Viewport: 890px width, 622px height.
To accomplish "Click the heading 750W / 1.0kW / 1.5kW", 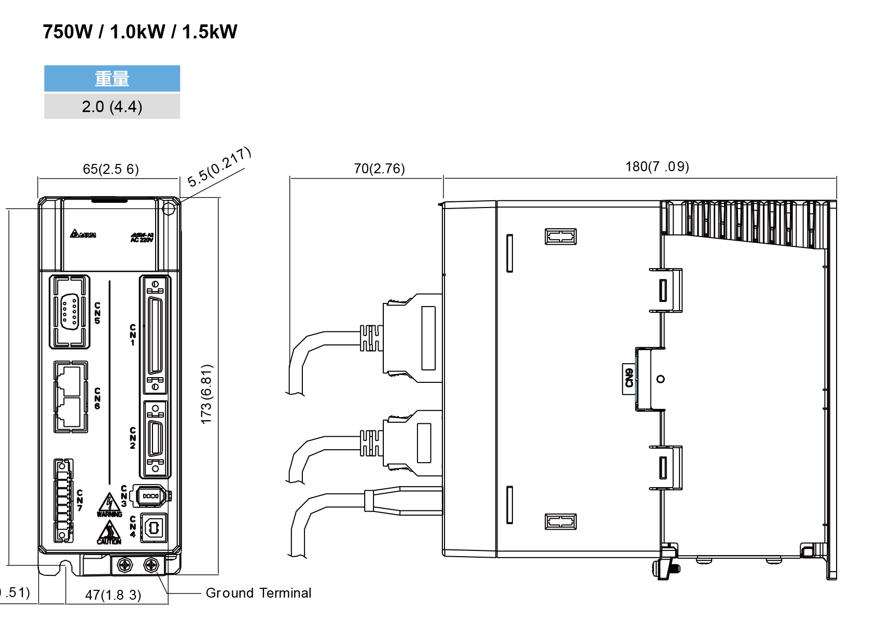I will [x=140, y=32].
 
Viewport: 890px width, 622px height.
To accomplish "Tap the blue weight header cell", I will [x=112, y=78].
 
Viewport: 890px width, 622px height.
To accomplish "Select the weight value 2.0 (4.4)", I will [x=112, y=106].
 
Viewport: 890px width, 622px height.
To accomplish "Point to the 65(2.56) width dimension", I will [x=110, y=169].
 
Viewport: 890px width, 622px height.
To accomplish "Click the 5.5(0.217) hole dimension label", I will [x=219, y=167].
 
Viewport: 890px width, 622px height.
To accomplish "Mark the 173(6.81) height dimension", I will [x=206, y=394].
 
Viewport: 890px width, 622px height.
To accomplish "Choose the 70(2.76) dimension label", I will [x=379, y=169].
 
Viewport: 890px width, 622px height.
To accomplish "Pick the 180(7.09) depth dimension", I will [x=657, y=167].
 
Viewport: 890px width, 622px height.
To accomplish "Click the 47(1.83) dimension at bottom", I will [x=113, y=595].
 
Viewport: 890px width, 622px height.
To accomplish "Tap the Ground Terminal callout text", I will [x=258, y=593].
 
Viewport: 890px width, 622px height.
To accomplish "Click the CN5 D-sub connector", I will [x=69, y=311].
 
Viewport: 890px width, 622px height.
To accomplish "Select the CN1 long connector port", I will [x=155, y=335].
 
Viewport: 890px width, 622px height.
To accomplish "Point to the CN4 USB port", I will [x=154, y=528].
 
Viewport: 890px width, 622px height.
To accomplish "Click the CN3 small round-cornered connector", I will [x=150, y=496].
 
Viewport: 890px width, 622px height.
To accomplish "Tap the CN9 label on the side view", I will [x=629, y=378].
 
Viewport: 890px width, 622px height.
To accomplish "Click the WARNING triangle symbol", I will [x=109, y=503].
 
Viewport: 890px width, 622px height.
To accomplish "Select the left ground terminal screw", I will [x=125, y=565].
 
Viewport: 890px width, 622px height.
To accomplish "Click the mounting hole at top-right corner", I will [x=169, y=209].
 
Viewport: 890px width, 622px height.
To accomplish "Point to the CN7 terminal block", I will [x=63, y=501].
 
